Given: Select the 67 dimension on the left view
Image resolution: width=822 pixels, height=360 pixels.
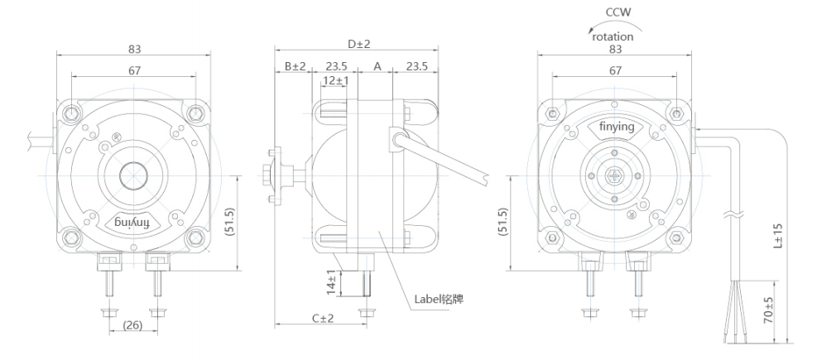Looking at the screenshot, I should (x=133, y=71).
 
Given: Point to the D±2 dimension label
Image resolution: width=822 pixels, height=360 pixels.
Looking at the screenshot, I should (x=358, y=43).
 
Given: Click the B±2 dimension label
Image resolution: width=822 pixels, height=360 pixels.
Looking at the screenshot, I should (x=295, y=66).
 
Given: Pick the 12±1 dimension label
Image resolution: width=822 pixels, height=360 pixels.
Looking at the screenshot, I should (x=335, y=80).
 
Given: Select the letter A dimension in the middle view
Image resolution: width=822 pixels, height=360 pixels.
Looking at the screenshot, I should (x=377, y=66).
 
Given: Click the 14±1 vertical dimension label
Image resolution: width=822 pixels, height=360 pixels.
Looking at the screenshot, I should (x=331, y=282).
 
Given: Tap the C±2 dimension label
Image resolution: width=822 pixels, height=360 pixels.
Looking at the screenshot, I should (x=322, y=318).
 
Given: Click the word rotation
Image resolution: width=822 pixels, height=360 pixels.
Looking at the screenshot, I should (x=613, y=36).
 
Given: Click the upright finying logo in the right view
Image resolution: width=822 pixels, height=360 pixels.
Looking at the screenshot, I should (x=616, y=127).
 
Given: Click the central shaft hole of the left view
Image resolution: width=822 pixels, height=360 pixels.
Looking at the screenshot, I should (x=132, y=175).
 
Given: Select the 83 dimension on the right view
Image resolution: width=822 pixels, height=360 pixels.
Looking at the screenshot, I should (x=616, y=50).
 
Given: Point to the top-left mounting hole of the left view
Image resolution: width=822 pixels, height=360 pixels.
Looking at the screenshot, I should (x=71, y=112).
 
